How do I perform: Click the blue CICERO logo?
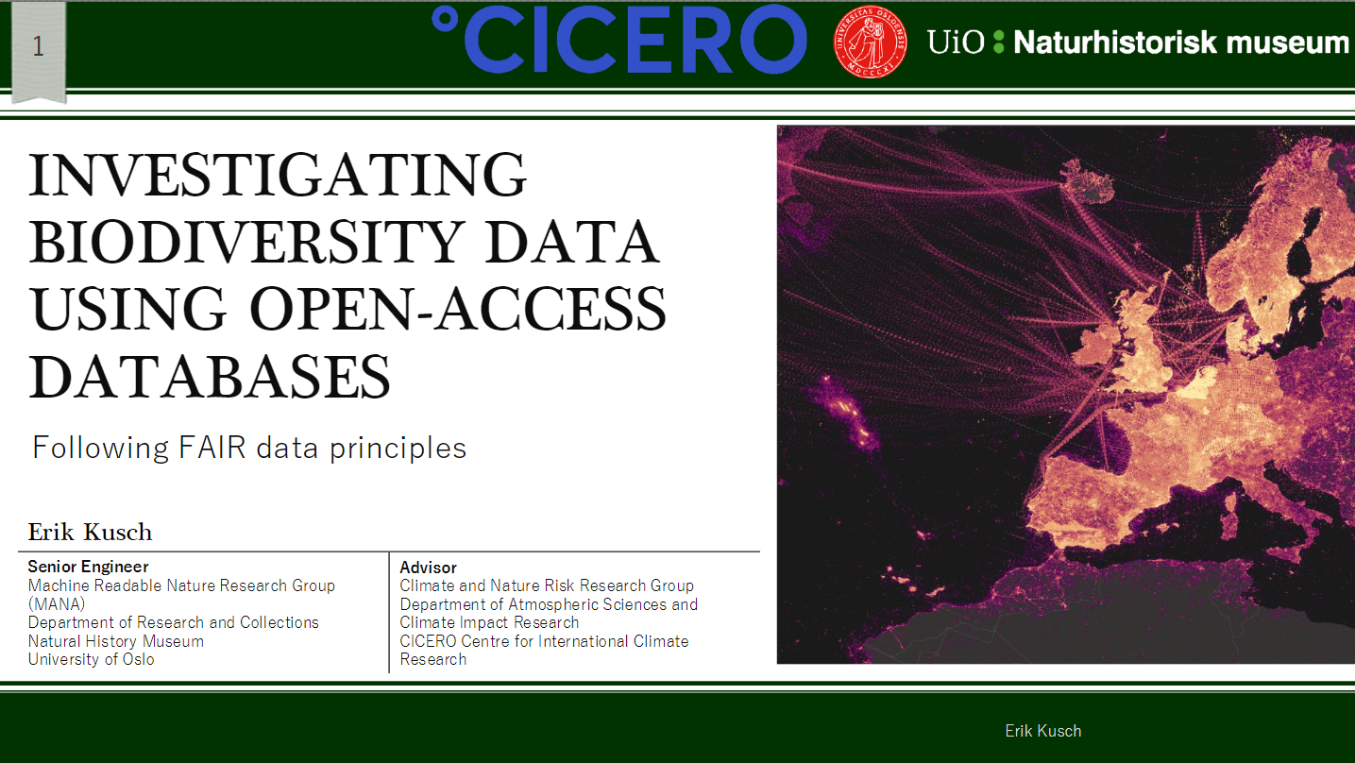click(618, 40)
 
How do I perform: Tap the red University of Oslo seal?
click(870, 42)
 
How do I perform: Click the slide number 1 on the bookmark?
click(38, 46)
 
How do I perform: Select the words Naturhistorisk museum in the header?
click(1180, 42)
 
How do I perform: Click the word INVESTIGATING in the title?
click(278, 175)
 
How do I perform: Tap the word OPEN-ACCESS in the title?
click(457, 309)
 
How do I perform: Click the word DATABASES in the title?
click(210, 377)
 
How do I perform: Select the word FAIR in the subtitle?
click(212, 448)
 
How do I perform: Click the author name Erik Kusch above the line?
click(90, 533)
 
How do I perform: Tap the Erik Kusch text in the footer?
click(1042, 731)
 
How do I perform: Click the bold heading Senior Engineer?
click(88, 567)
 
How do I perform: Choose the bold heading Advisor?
click(428, 568)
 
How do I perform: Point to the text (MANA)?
click(57, 603)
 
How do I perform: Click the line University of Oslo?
click(91, 659)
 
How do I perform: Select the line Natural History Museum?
click(115, 641)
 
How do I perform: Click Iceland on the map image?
click(1088, 180)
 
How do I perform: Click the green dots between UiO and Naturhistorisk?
click(999, 42)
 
